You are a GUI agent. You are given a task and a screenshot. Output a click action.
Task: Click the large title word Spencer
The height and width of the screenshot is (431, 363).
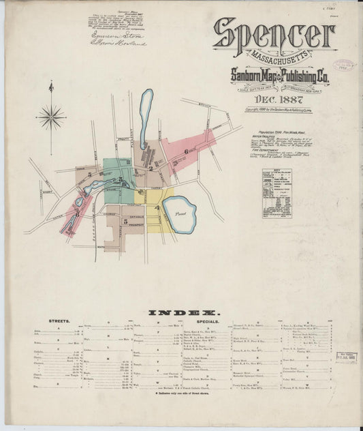tap(273, 34)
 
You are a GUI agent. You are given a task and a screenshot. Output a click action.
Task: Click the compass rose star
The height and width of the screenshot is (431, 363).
tap(51, 117)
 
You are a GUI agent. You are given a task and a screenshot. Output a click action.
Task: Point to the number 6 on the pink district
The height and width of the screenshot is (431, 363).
tap(186, 151)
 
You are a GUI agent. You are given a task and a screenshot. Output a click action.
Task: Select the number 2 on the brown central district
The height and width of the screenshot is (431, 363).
tap(150, 168)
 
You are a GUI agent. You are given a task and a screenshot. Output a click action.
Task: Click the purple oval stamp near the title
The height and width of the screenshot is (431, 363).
tap(345, 66)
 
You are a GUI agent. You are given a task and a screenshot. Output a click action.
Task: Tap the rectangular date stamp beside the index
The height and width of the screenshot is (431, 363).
tap(345, 357)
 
